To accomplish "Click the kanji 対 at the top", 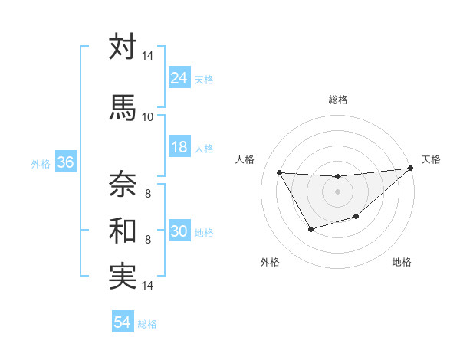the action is click(x=123, y=47).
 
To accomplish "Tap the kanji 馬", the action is click(x=123, y=107).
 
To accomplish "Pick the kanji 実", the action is click(x=123, y=276).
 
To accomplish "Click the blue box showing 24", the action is click(x=179, y=78).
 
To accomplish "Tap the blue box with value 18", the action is click(x=179, y=147).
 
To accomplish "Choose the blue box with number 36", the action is click(x=65, y=162).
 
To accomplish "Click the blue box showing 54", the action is click(x=122, y=322).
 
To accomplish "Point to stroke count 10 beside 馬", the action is click(x=147, y=116).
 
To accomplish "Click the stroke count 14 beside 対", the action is click(x=147, y=56).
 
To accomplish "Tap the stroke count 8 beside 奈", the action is click(x=147, y=193).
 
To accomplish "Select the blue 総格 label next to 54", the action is click(x=148, y=324).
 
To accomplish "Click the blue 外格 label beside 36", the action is click(x=41, y=163).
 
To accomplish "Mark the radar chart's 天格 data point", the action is click(x=411, y=168).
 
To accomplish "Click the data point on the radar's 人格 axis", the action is click(x=279, y=172).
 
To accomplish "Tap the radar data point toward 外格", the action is click(x=310, y=229).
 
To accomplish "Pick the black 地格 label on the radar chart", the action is click(x=402, y=263).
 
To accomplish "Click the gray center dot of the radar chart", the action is click(x=337, y=191).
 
